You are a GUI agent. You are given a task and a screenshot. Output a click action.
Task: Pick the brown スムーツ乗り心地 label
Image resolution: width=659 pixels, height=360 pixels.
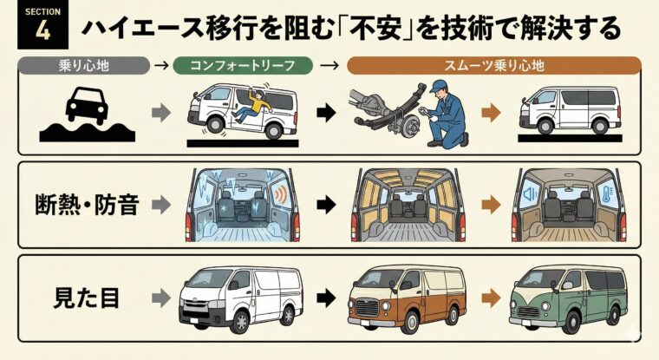493,64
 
